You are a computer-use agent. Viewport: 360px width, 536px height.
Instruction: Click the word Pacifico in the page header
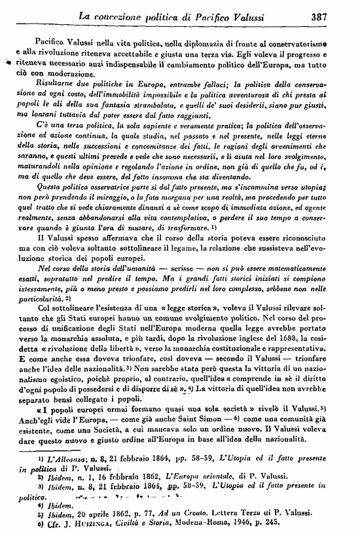pyautogui.click(x=217, y=11)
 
